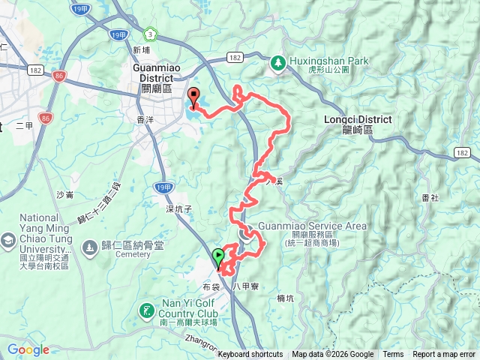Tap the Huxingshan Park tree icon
tap(277, 63)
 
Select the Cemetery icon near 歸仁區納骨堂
tap(89, 247)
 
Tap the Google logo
tap(28, 349)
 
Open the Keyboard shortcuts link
tap(250, 355)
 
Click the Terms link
tap(393, 355)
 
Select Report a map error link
tap(445, 355)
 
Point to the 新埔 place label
tap(141, 50)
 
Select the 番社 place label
tap(430, 197)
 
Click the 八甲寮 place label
tap(245, 286)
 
